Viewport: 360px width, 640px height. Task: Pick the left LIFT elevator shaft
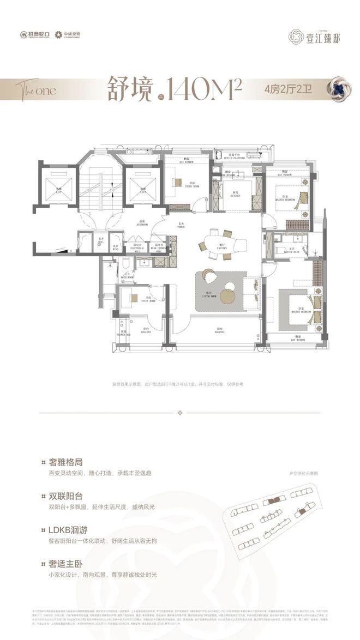[x=57, y=185]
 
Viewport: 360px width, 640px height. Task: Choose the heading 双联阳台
[x=64, y=496]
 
